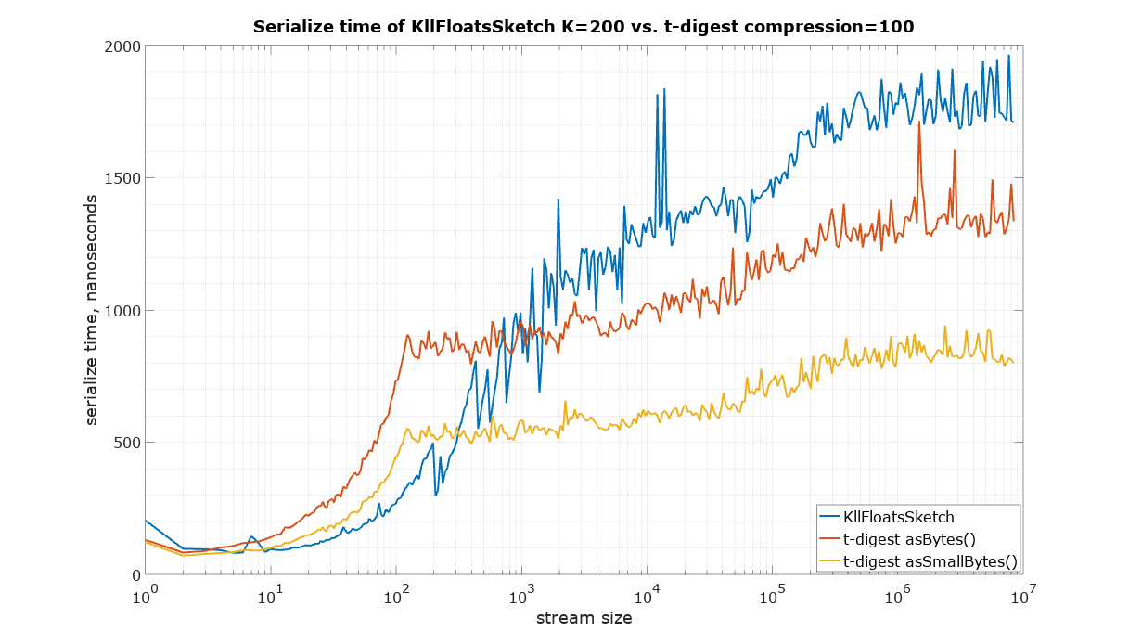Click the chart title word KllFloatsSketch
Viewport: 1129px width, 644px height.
(x=472, y=27)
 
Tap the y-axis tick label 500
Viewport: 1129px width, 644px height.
(x=124, y=443)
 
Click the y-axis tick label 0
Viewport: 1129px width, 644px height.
(x=133, y=575)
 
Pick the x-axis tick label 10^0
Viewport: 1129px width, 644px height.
(x=145, y=595)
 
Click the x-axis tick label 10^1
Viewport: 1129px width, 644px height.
(x=270, y=595)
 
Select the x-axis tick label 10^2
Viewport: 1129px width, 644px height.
(x=396, y=595)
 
